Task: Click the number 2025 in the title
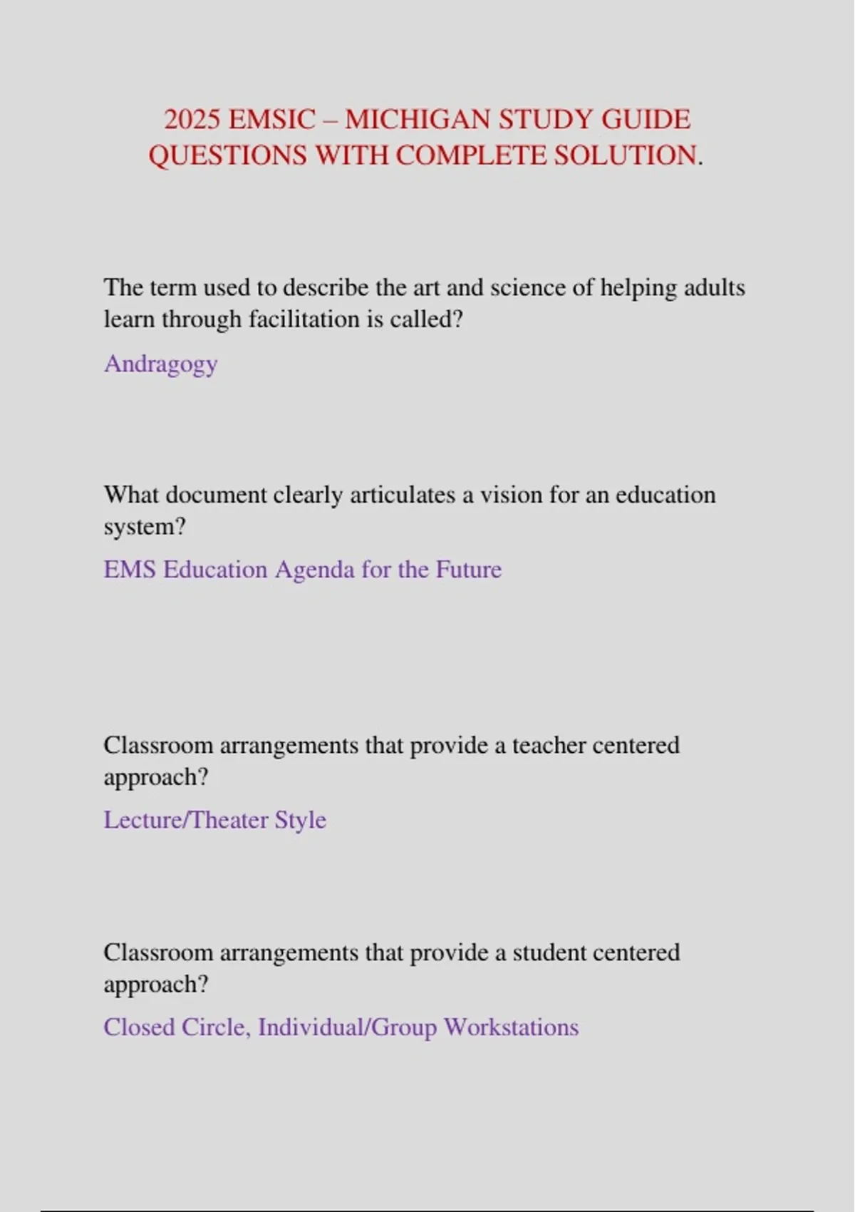pos(192,119)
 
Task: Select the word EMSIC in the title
pos(271,119)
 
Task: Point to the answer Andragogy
pos(161,364)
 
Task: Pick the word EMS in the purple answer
pos(129,570)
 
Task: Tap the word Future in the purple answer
pos(468,570)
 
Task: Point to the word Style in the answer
pos(300,820)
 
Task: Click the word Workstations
pos(511,1027)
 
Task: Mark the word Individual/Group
pos(347,1027)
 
